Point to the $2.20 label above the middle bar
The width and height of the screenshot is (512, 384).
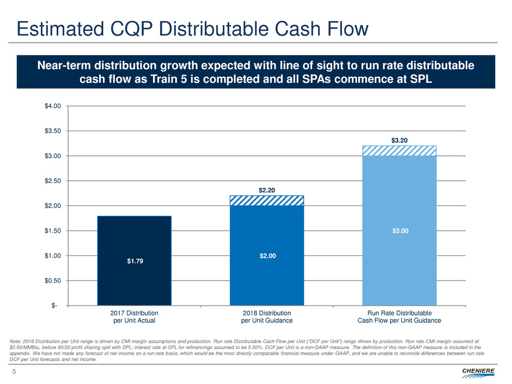(267, 190)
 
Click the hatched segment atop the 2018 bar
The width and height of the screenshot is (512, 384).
(267, 201)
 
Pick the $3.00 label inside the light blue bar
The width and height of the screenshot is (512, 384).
(399, 230)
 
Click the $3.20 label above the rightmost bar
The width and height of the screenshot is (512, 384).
(399, 141)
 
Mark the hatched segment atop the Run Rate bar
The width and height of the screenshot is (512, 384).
(399, 151)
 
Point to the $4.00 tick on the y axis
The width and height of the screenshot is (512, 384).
(53, 106)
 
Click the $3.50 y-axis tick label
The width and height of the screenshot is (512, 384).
(53, 131)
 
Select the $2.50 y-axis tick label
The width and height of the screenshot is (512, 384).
(53, 181)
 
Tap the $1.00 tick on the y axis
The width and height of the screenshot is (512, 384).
(53, 255)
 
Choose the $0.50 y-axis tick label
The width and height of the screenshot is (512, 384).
(53, 281)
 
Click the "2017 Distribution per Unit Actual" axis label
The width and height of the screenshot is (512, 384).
(134, 317)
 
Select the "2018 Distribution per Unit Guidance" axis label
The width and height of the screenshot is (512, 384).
(266, 317)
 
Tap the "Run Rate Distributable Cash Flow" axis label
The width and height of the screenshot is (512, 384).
(399, 317)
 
